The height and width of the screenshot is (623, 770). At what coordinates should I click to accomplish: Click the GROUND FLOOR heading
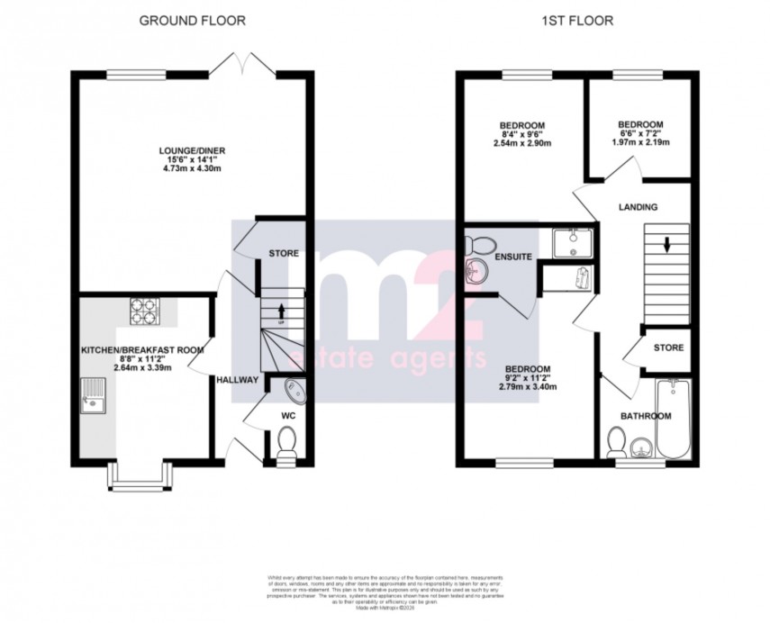192,20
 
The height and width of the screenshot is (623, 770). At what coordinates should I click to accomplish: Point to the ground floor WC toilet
287,444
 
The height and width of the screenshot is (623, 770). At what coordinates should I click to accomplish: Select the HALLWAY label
237,380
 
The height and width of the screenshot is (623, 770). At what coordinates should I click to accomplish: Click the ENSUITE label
512,257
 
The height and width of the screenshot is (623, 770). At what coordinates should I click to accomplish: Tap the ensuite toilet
479,244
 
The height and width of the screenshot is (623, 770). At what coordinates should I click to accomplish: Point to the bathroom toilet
618,442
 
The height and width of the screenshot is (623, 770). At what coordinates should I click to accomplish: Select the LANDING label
638,207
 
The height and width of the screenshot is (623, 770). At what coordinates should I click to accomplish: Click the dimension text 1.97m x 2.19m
640,143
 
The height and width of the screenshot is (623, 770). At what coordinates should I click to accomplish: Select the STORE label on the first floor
668,348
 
